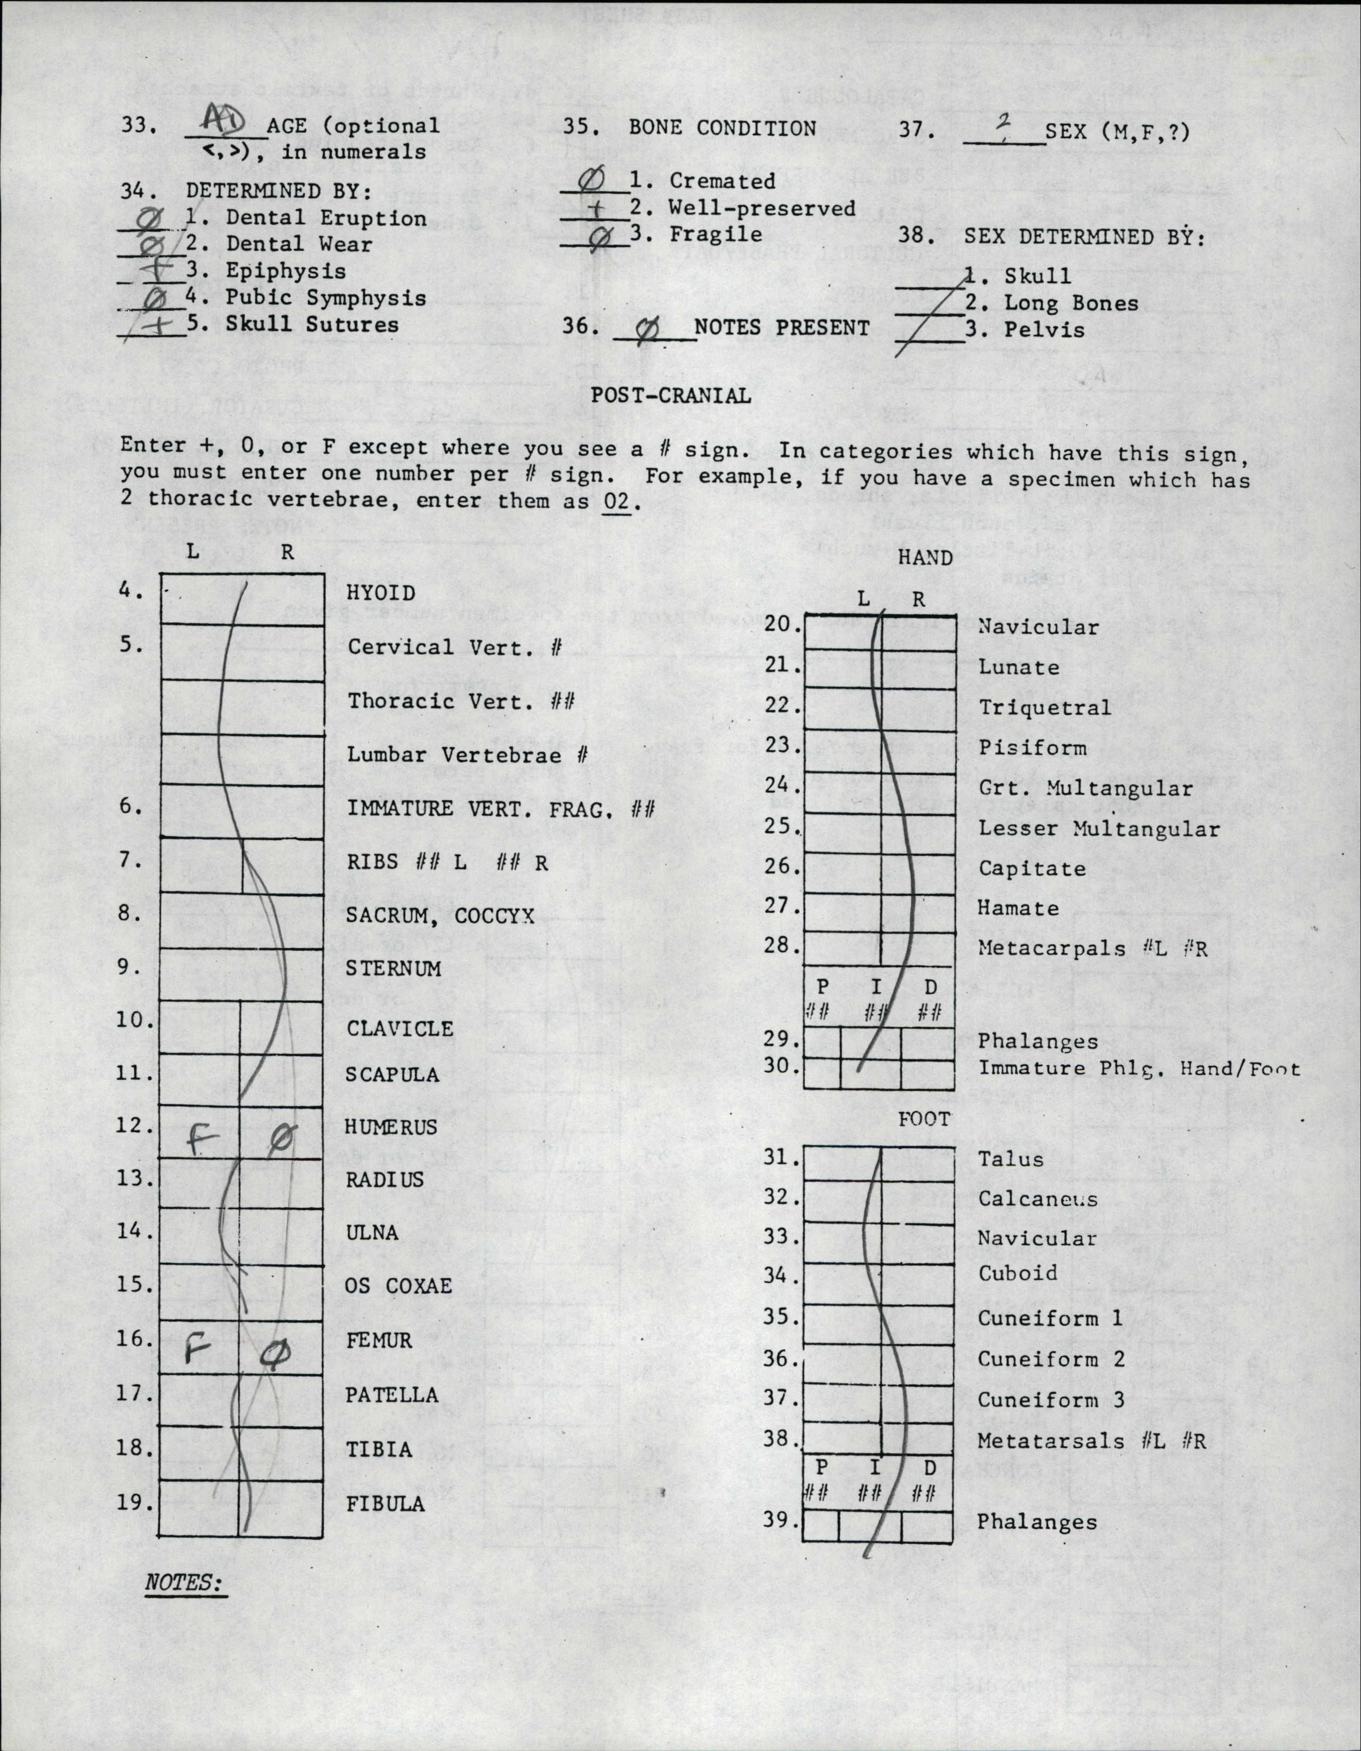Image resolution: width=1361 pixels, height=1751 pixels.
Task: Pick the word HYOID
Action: (x=381, y=593)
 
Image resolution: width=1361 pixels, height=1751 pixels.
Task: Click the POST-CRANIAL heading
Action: (x=670, y=395)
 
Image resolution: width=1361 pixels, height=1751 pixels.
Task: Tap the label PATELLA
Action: (x=391, y=1395)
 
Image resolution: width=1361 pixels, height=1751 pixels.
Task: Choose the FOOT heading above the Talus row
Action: (x=924, y=1119)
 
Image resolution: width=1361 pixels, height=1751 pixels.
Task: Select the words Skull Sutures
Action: (x=312, y=325)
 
